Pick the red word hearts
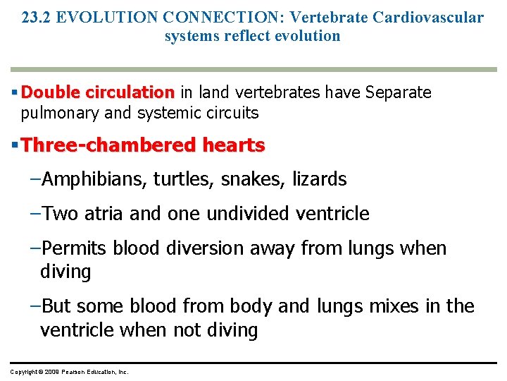coord(234,146)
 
